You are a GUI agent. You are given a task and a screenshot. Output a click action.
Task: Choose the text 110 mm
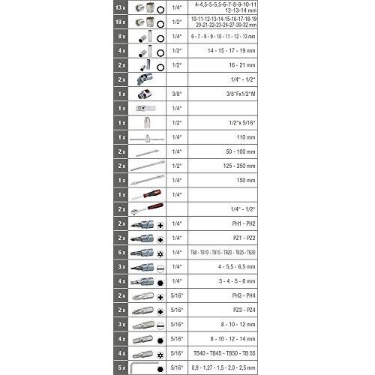(226, 137)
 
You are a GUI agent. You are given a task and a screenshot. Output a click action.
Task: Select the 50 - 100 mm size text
(226, 151)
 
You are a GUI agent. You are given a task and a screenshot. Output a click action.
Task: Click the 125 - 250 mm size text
(226, 166)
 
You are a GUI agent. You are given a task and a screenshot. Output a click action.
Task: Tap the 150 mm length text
(226, 180)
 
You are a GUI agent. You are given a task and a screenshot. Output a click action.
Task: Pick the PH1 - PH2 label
(226, 223)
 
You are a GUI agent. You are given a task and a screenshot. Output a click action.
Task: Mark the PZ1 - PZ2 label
(226, 238)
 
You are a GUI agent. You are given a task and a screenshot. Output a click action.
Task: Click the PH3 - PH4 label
(226, 295)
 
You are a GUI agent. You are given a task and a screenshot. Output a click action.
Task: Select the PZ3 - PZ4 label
(226, 310)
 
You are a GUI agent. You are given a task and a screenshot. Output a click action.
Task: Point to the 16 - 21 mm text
(226, 65)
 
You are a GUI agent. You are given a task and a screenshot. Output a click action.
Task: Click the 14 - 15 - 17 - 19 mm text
(226, 51)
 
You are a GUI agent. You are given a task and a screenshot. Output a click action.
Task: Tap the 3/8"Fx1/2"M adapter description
(226, 94)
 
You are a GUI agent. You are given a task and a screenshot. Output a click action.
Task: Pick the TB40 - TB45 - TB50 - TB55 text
(226, 352)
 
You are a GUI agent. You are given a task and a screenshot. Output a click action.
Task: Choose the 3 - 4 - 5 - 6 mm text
(226, 280)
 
